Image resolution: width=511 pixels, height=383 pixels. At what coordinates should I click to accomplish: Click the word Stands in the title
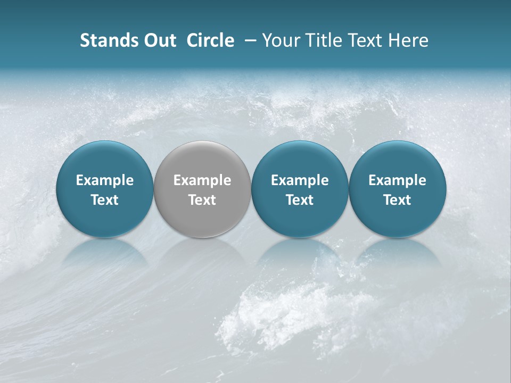[x=104, y=40]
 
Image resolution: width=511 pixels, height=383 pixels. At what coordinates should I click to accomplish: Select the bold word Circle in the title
[x=210, y=40]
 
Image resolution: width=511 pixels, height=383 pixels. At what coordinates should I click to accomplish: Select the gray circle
[x=202, y=189]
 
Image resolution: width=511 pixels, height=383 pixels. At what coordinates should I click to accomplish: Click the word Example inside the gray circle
[x=202, y=180]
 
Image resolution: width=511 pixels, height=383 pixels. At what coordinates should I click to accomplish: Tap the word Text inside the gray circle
[x=202, y=200]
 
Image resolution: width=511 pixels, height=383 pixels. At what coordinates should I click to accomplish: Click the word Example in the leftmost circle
[x=105, y=180]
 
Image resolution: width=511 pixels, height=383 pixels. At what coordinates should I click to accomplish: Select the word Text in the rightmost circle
[x=398, y=200]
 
